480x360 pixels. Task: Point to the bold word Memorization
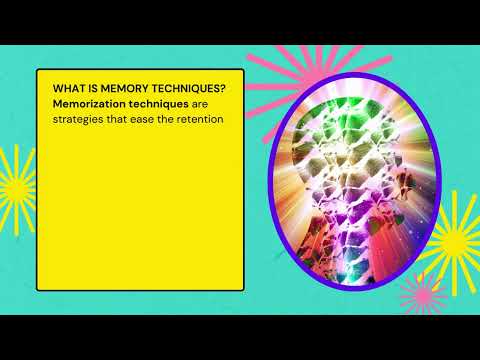click(91, 104)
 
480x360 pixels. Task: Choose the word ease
click(151, 121)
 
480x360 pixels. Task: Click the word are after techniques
click(203, 104)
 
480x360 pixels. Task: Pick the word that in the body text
click(124, 121)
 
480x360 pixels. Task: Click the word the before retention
click(176, 121)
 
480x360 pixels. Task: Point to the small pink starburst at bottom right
click(420, 296)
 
